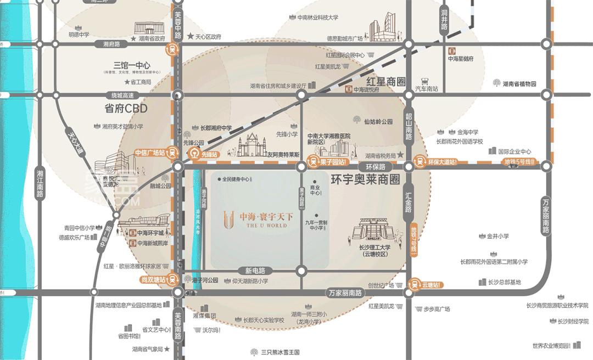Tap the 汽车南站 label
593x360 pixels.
[426, 89]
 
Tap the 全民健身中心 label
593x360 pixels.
[236, 179]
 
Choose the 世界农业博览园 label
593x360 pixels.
[550, 346]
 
